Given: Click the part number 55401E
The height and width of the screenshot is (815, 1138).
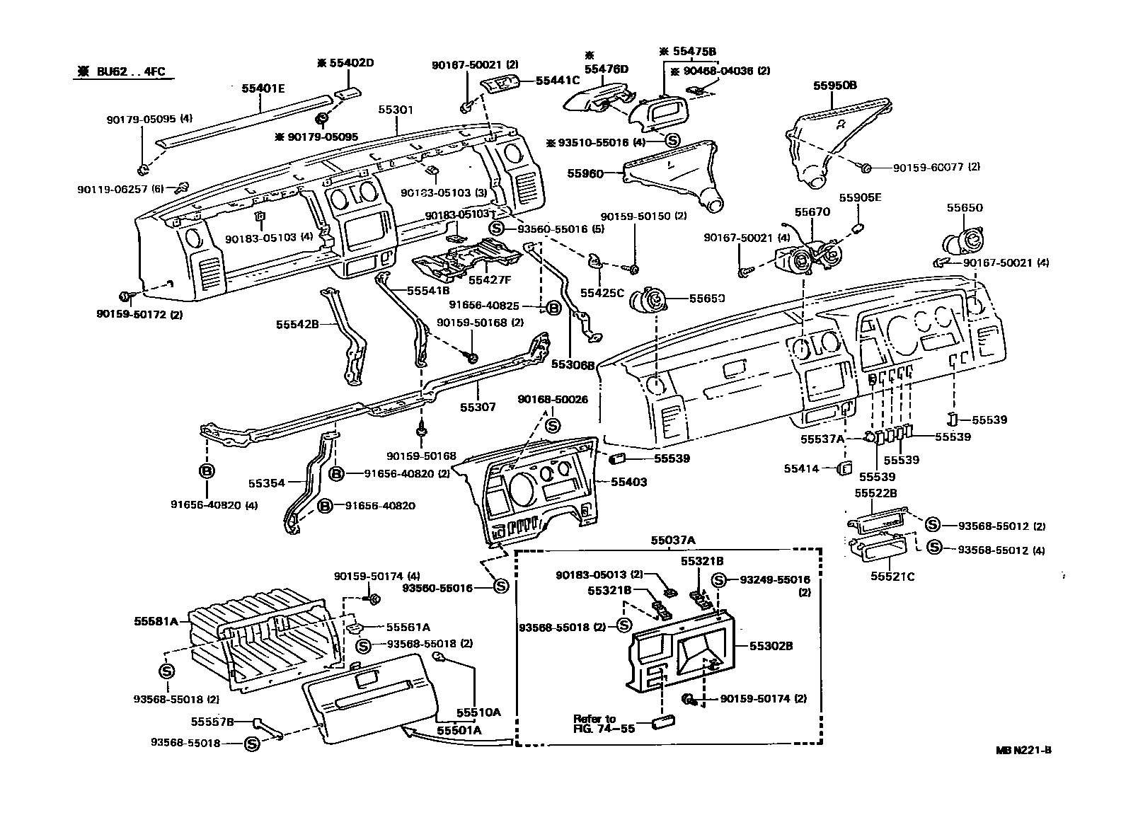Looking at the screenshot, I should (x=263, y=88).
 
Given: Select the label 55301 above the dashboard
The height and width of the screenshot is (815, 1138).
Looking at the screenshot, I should (x=396, y=110).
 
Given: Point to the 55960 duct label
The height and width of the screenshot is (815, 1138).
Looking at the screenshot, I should (x=585, y=172).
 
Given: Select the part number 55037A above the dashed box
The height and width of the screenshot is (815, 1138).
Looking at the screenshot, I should (x=673, y=540).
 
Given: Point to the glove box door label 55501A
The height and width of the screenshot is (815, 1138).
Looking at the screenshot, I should (x=459, y=730).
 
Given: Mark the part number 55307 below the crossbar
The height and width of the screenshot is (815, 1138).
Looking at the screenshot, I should (x=478, y=407).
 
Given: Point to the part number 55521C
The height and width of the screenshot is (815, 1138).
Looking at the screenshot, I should (x=892, y=577).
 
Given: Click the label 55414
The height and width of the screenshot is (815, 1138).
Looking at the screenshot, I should (x=801, y=468).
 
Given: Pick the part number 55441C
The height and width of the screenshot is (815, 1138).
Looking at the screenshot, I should (x=558, y=81).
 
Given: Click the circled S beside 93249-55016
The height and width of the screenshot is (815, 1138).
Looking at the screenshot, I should (x=718, y=580).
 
